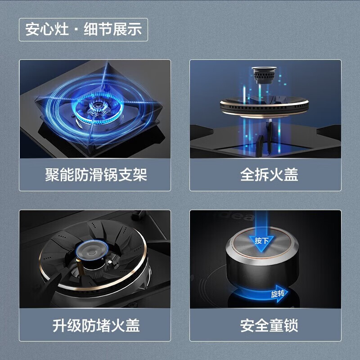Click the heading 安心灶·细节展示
pyautogui.click(x=84, y=29)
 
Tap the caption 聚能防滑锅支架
pyautogui.click(x=96, y=175)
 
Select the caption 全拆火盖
pyautogui.click(x=269, y=175)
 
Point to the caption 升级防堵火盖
pyautogui.click(x=96, y=325)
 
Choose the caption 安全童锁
pyautogui.click(x=269, y=325)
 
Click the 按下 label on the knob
pyautogui.click(x=261, y=241)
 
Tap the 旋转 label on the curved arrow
pyautogui.click(x=278, y=294)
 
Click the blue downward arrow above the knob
pyautogui.click(x=261, y=232)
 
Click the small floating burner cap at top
pyautogui.click(x=264, y=75)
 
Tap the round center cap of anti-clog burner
pyautogui.click(x=92, y=252)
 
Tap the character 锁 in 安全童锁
pyautogui.click(x=291, y=325)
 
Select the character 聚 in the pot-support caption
pyautogui.click(x=52, y=175)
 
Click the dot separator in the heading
pyautogui.click(x=76, y=30)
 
